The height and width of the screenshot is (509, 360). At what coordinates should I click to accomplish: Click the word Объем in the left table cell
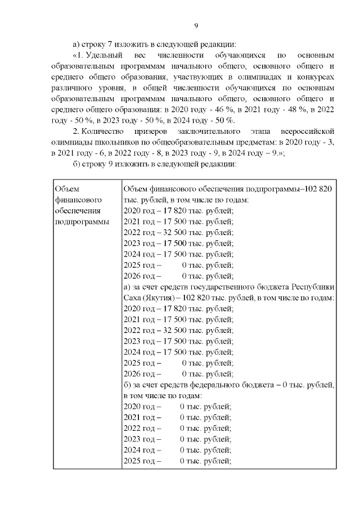click(68, 189)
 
